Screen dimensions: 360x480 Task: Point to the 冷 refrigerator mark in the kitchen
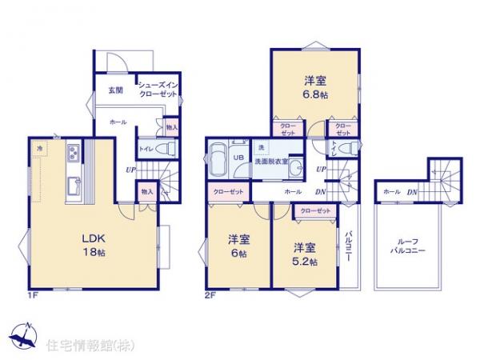(x=38, y=149)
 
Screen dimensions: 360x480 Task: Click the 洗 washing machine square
(x=261, y=148)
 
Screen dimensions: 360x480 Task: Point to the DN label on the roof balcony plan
(x=412, y=192)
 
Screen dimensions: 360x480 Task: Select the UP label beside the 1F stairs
(x=130, y=170)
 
